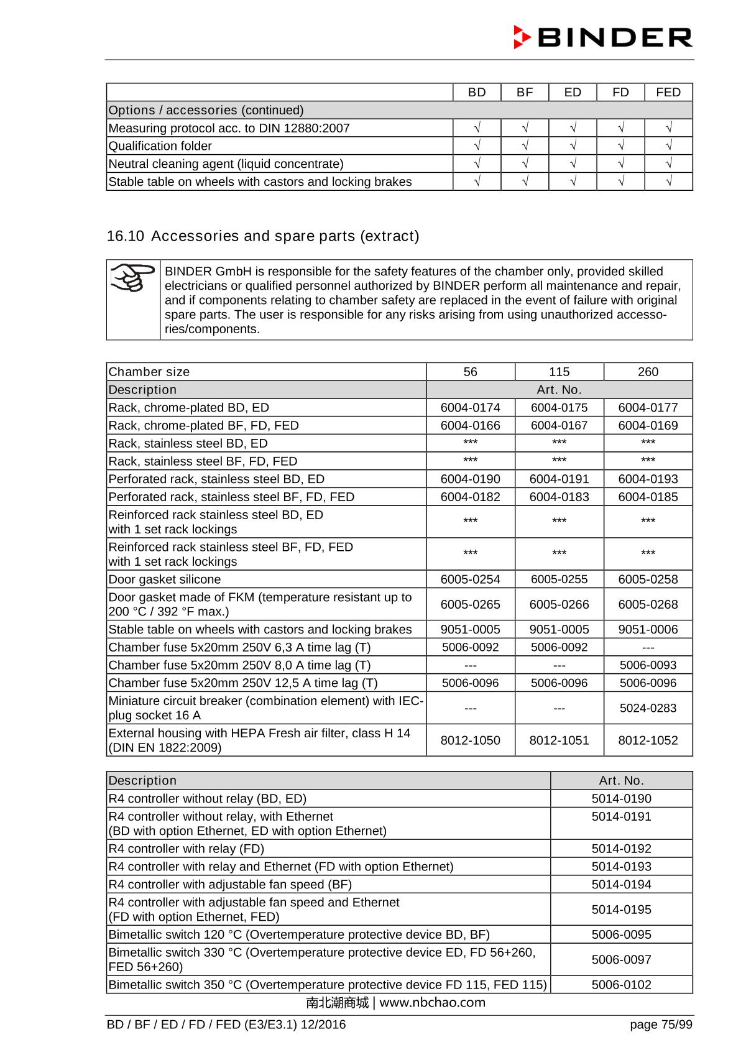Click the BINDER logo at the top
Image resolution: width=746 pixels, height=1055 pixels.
click(x=602, y=37)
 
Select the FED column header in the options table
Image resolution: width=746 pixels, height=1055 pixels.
click(x=668, y=92)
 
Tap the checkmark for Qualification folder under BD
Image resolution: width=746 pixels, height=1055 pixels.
click(x=477, y=146)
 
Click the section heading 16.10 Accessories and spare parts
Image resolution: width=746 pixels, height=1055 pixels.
click(x=263, y=236)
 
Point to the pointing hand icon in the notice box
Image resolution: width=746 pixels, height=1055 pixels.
click(x=133, y=278)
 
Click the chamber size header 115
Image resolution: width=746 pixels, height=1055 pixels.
click(x=559, y=372)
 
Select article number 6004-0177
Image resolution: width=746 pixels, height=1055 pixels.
click(x=648, y=408)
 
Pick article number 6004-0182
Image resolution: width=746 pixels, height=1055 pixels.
click(x=470, y=497)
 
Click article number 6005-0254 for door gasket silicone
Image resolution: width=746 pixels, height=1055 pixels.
click(x=470, y=579)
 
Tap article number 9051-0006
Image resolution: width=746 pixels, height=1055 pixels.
click(x=648, y=629)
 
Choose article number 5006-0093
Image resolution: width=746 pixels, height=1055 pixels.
click(x=648, y=665)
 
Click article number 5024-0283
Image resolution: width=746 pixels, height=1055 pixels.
click(x=648, y=708)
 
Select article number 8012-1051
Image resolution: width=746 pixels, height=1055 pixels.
click(x=559, y=740)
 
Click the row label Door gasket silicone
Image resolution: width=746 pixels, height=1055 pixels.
click(x=165, y=579)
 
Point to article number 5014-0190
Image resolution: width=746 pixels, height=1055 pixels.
click(x=621, y=799)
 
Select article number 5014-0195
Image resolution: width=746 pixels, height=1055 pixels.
click(x=621, y=910)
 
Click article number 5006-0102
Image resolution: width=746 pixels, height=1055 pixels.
click(x=621, y=985)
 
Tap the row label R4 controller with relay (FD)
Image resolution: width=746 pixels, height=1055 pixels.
click(x=186, y=849)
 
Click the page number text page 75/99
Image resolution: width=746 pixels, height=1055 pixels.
click(x=660, y=1025)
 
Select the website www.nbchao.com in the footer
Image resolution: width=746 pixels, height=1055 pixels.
click(x=432, y=1003)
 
